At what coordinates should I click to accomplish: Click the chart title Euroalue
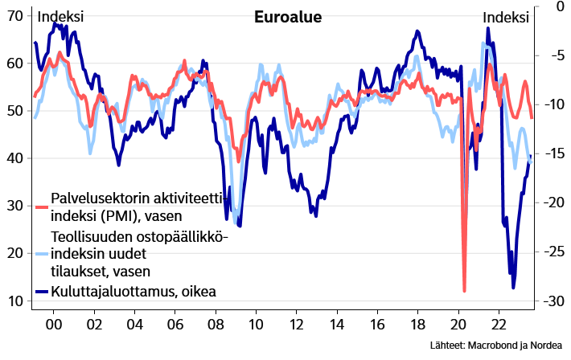click(x=287, y=18)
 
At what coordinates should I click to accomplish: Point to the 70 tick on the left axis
click(x=14, y=14)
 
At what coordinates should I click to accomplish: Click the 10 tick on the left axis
click(x=14, y=301)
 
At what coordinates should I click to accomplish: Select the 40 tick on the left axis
click(x=14, y=157)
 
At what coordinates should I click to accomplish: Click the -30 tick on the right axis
click(x=554, y=301)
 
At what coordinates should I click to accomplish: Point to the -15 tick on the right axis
click(x=554, y=153)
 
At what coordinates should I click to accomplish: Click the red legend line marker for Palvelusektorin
click(x=42, y=207)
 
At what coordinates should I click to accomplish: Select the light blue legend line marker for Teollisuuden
click(x=42, y=254)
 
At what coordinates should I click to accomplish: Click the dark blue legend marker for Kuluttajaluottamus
click(x=42, y=291)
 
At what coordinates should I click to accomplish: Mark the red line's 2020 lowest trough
click(x=465, y=291)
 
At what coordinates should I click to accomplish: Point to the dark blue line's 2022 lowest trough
click(x=513, y=287)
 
